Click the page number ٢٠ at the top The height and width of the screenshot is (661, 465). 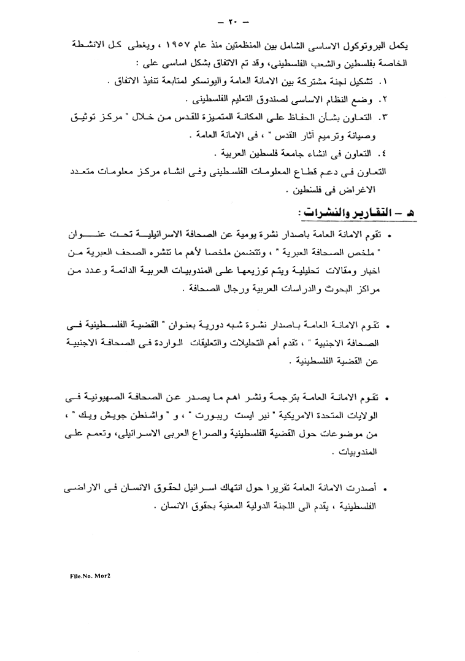coord(232,23)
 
